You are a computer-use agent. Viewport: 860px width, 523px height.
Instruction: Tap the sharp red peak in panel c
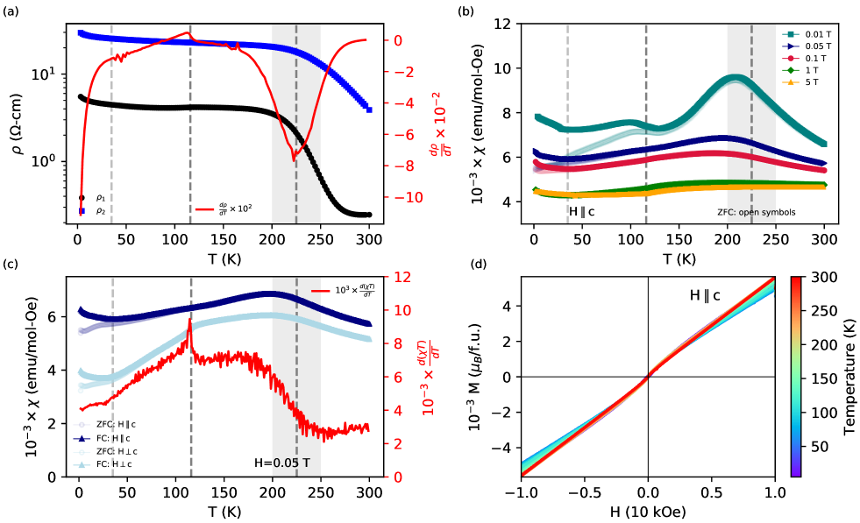pyautogui.click(x=190, y=322)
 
